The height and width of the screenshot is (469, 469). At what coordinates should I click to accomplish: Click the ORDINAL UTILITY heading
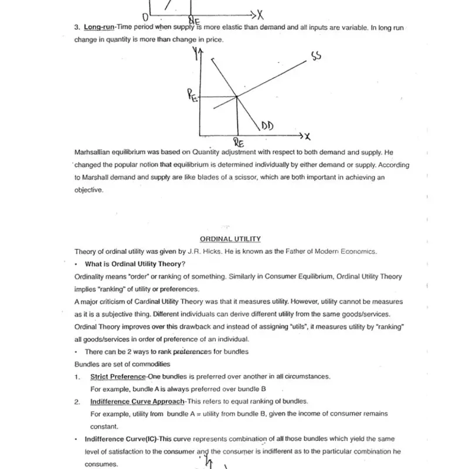pos(230,239)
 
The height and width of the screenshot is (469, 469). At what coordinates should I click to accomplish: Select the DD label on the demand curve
pos(268,125)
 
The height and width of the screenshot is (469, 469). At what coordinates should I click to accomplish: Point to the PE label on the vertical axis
pos(192,96)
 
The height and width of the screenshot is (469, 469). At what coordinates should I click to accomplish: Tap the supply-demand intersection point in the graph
pos(236,96)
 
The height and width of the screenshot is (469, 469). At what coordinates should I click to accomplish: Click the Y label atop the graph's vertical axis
pos(196,55)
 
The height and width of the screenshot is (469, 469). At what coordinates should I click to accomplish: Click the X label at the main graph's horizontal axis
pos(305,137)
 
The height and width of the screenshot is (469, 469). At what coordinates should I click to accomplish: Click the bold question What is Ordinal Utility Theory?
pos(135,264)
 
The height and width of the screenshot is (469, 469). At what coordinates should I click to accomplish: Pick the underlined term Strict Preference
pos(117,376)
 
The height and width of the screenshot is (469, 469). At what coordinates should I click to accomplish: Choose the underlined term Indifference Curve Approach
pos(137,402)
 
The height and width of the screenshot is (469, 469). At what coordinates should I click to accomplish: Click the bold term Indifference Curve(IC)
pos(121,439)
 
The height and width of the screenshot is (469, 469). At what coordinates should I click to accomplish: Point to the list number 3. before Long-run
pos(77,28)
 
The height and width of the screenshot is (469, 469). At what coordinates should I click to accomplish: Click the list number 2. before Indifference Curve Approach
pos(77,402)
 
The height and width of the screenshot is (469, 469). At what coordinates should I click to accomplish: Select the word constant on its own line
pos(104,426)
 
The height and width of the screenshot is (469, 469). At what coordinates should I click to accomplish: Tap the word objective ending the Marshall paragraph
pos(89,190)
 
